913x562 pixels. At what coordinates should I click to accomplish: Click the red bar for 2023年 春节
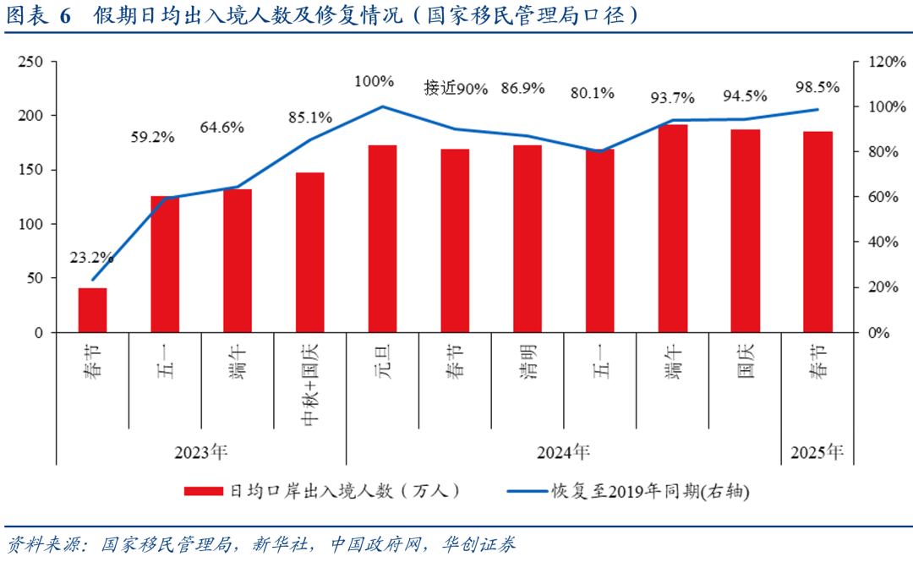pyautogui.click(x=93, y=310)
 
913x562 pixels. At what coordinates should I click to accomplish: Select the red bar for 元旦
pyautogui.click(x=382, y=239)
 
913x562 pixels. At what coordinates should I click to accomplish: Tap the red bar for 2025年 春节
pyautogui.click(x=817, y=232)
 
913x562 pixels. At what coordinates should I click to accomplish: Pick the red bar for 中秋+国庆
pyautogui.click(x=310, y=253)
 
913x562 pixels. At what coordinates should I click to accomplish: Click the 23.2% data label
pyautogui.click(x=91, y=258)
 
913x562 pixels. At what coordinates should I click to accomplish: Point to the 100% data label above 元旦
pyautogui.click(x=374, y=81)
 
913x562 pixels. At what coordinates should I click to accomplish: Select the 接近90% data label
pyautogui.click(x=456, y=88)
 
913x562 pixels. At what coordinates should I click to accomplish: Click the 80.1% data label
pyautogui.click(x=592, y=93)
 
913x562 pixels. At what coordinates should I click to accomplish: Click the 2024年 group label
pyautogui.click(x=563, y=452)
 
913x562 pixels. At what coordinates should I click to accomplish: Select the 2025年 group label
pyautogui.click(x=817, y=452)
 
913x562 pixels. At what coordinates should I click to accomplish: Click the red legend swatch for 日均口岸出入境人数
pyautogui.click(x=204, y=491)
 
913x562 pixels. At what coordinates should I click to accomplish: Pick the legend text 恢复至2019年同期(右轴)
pyautogui.click(x=650, y=491)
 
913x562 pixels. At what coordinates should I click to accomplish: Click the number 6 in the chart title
pyautogui.click(x=65, y=16)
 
